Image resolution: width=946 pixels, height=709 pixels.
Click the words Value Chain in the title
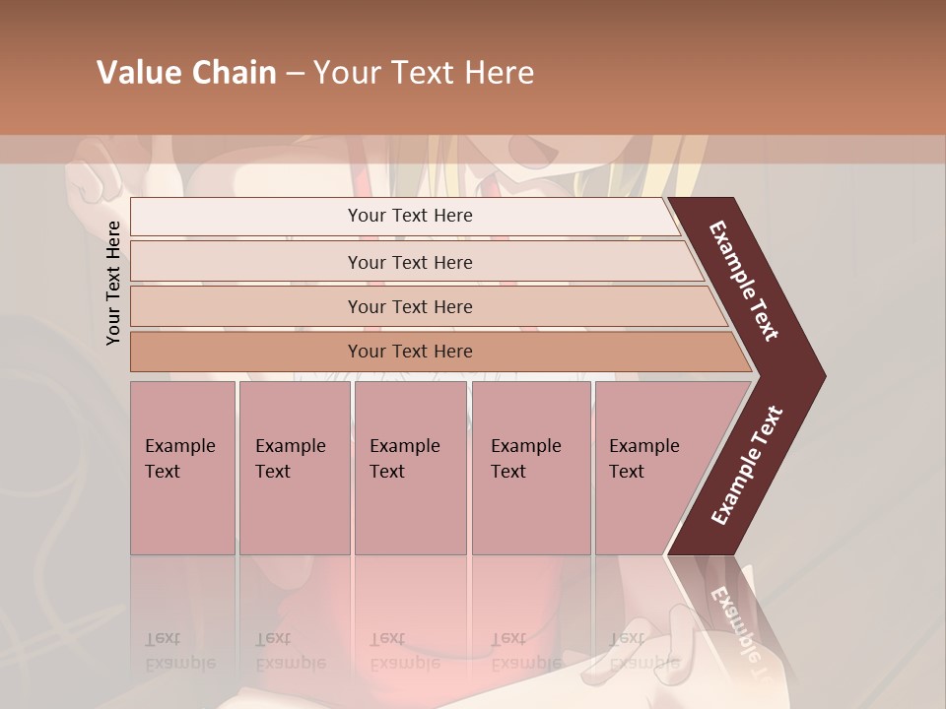point(186,73)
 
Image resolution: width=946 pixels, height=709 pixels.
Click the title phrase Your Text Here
point(424,73)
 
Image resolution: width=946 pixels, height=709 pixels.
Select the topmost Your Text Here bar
point(410,216)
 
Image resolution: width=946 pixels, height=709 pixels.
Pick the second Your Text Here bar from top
point(410,262)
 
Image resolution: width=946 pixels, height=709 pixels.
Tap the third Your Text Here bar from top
point(410,306)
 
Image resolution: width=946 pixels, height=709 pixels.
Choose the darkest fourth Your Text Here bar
point(410,352)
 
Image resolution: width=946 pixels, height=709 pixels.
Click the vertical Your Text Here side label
point(113,283)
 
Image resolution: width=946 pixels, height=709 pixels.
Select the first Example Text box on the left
point(182,467)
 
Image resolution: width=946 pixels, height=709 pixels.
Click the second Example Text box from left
point(294,467)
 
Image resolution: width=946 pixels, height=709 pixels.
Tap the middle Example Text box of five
point(410,467)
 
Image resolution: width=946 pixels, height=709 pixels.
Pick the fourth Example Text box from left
point(531,467)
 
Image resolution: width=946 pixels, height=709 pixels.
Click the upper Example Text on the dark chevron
point(744,281)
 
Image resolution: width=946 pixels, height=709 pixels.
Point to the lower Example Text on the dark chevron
point(746,466)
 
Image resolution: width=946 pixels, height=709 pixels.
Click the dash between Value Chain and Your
point(295,74)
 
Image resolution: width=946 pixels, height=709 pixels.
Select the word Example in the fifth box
point(643,446)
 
